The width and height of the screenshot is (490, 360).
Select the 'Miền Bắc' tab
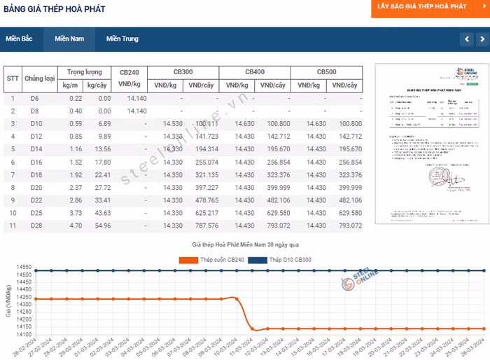tap(20, 39)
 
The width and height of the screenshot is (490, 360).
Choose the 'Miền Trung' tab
tap(122, 39)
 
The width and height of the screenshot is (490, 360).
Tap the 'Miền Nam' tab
tap(69, 39)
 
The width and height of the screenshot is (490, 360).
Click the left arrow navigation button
tap(465, 39)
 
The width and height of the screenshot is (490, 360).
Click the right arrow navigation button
tap(483, 39)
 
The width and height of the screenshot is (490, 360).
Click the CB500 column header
tap(326, 72)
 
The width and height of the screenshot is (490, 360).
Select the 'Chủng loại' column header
tap(40, 78)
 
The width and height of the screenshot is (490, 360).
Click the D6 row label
tap(35, 98)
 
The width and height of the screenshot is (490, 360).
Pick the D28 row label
tap(36, 226)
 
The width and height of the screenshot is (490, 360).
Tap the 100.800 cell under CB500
tap(346, 123)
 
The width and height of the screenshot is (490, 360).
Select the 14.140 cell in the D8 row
tap(137, 111)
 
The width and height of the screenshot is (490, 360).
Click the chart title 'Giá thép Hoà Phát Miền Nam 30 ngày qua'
tap(246, 245)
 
